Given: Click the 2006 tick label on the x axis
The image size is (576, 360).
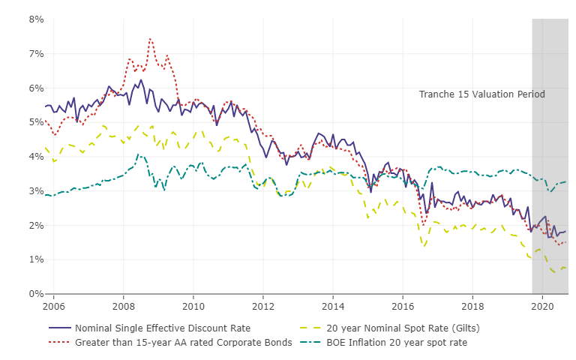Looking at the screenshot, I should pos(54,306).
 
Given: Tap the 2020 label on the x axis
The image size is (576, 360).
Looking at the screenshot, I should pos(542,306).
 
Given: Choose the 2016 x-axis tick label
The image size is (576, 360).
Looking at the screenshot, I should pos(403,306).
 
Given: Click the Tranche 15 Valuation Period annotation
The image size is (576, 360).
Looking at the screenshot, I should pos(481,94).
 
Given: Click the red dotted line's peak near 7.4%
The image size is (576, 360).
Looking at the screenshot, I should pos(150,38).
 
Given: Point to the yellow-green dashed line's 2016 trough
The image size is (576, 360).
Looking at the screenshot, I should pos(424,245).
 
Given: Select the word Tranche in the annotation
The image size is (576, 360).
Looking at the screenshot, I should pos(436,94).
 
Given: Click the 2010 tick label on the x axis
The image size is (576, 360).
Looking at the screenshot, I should pos(193,306).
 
